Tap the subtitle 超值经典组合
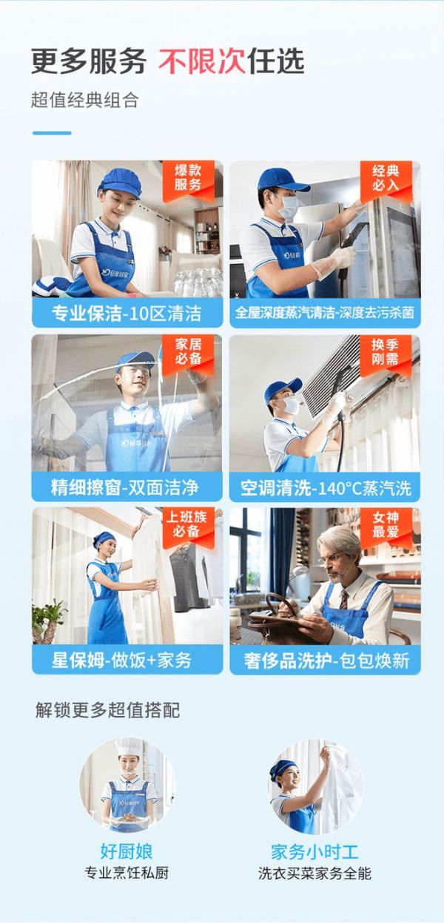85,101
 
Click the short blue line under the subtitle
52,133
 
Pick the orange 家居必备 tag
188,352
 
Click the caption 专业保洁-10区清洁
127,313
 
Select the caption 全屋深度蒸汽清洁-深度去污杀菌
325,313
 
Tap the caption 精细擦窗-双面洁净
127,488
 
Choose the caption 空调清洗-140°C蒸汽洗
325,488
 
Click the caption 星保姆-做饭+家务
127,660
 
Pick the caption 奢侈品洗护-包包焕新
325,660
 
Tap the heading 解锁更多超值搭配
108,711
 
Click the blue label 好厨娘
127,851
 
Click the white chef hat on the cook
129,747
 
